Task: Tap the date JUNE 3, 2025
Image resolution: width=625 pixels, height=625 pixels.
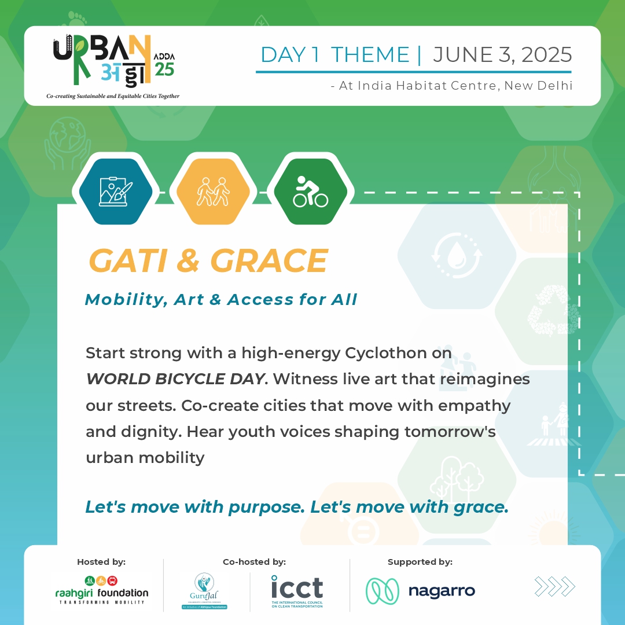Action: (502, 55)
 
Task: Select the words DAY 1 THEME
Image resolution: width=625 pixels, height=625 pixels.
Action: (335, 55)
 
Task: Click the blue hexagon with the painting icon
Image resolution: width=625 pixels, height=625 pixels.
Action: (115, 192)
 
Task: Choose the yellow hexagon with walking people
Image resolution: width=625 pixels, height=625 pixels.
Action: (213, 192)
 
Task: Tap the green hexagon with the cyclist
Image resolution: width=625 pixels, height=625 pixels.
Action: (310, 192)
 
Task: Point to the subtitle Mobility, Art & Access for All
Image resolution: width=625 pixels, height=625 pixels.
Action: (221, 299)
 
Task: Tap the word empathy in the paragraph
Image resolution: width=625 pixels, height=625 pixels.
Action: (475, 405)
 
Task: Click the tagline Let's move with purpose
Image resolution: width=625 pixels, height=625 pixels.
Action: (196, 507)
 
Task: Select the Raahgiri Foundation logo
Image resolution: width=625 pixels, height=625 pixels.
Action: (102, 589)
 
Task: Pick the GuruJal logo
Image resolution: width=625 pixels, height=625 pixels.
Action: (203, 590)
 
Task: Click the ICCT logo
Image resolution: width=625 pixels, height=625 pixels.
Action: (297, 590)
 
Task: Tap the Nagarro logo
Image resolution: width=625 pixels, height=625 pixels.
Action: (420, 591)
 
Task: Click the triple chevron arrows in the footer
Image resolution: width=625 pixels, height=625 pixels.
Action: (554, 586)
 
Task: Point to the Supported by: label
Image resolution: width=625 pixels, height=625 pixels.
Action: (420, 562)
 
